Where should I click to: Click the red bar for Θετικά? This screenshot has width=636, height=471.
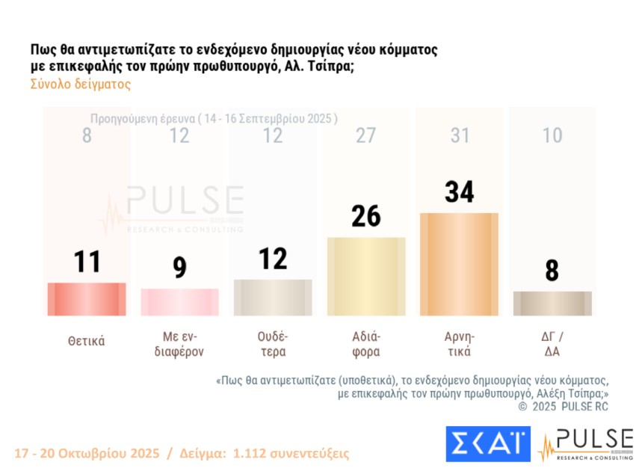[x=87, y=299]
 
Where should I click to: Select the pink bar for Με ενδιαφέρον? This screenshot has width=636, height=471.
[x=179, y=302]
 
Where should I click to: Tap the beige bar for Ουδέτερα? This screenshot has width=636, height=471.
[x=273, y=298]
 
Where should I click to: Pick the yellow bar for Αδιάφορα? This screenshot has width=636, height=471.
[x=366, y=276]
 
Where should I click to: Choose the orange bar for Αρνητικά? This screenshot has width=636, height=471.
[x=459, y=264]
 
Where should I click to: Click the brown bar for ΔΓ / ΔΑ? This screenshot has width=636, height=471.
[x=552, y=303]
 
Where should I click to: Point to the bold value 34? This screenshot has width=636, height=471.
[x=460, y=191]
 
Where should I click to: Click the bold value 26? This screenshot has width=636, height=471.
[x=366, y=216]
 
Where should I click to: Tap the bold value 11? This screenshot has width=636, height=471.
[x=87, y=262]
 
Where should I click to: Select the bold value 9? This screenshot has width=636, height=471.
[x=179, y=267]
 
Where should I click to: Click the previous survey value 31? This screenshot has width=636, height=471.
[x=460, y=135]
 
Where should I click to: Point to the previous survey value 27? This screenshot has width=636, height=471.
[x=366, y=135]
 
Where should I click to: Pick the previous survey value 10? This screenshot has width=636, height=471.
[x=552, y=135]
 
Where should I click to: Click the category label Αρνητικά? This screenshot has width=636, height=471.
[x=460, y=344]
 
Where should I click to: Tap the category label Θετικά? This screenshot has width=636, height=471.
[x=87, y=341]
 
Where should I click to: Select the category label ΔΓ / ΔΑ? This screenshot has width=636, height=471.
[x=552, y=344]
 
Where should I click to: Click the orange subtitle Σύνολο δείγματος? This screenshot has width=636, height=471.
[x=81, y=84]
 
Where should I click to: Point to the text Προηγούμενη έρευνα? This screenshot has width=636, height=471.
[x=142, y=118]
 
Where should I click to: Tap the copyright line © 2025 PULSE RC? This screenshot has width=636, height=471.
[x=564, y=406]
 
